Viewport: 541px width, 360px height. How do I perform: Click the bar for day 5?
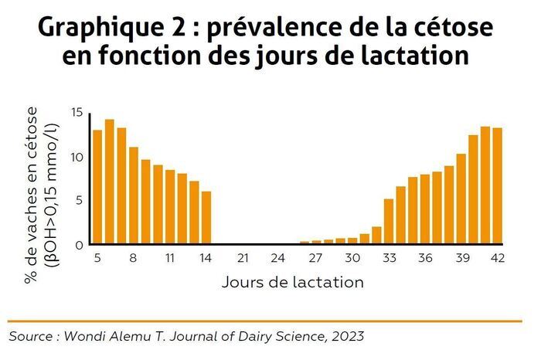[97, 187]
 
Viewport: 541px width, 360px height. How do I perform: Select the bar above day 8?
[134, 195]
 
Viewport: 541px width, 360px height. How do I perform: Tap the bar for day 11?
[170, 207]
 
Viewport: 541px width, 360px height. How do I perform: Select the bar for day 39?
[461, 199]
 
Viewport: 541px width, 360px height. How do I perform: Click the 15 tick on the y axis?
[76, 113]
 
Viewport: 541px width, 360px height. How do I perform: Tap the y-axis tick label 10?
[76, 157]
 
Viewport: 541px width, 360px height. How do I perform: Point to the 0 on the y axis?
[79, 245]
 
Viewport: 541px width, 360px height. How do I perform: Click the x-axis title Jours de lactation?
[292, 282]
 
